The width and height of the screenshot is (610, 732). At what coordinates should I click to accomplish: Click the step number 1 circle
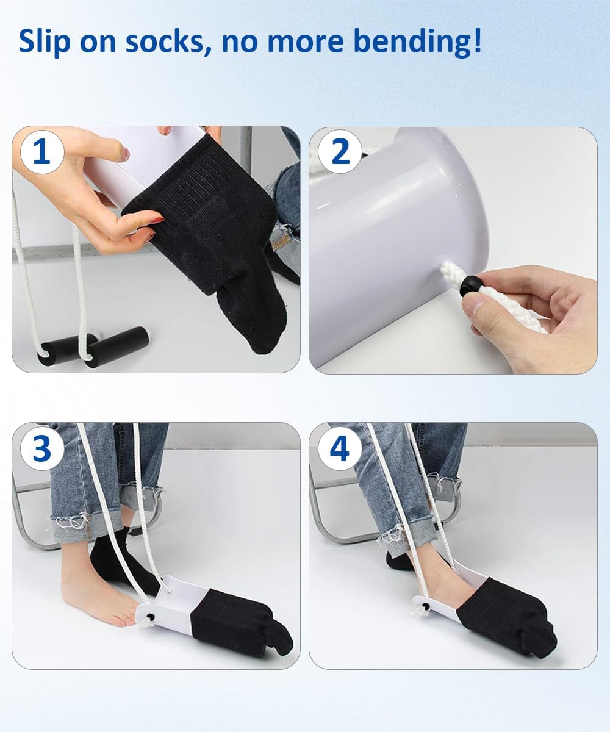(41, 152)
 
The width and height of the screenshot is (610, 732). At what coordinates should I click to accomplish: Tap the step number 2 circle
(340, 152)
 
